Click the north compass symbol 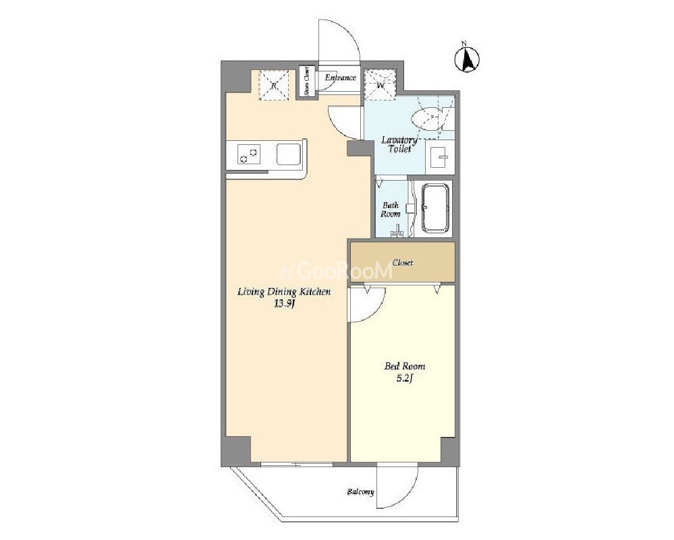[468, 59]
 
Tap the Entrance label [341, 78]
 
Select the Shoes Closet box [307, 82]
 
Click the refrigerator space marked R [274, 85]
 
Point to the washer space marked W [380, 84]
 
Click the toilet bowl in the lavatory [427, 119]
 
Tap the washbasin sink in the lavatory [439, 157]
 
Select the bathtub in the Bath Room [436, 208]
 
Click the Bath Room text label [391, 209]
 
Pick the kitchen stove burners [249, 154]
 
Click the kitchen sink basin [289, 154]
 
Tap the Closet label [403, 262]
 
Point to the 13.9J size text [284, 304]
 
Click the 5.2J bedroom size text [405, 378]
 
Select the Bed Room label [405, 366]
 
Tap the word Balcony [361, 492]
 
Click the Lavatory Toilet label [399, 145]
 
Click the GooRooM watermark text [336, 271]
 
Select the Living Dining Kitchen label [284, 292]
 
